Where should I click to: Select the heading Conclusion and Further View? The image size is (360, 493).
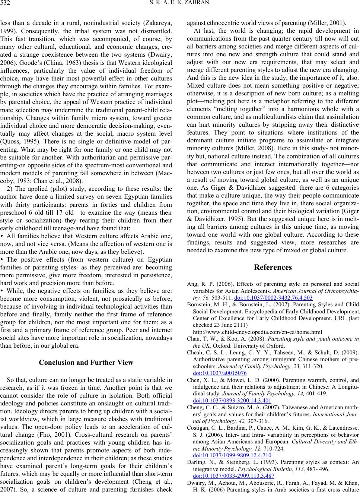tap(86, 362)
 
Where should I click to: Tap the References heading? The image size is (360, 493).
tap(273, 267)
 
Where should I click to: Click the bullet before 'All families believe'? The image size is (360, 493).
tap(3, 236)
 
